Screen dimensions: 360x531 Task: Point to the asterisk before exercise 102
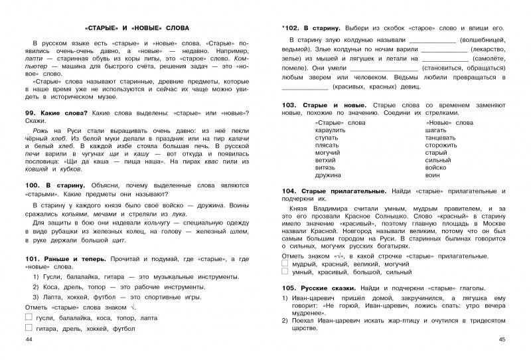(283, 29)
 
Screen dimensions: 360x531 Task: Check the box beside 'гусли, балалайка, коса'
(28, 317)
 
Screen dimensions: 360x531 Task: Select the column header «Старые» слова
(338, 123)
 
